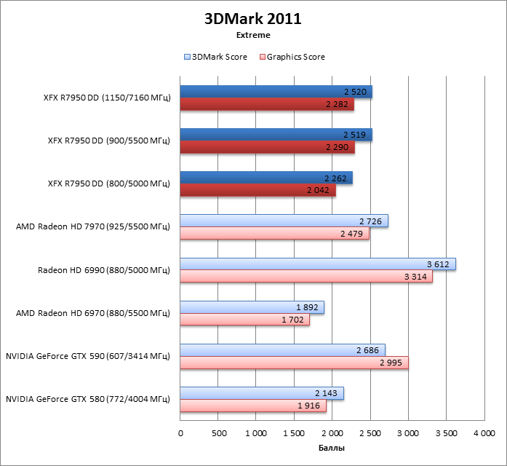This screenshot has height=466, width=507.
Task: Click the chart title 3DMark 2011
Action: click(253, 18)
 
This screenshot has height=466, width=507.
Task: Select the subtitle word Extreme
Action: click(253, 35)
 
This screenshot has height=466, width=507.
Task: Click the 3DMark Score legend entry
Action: click(216, 57)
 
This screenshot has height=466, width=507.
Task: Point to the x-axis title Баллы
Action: click(332, 448)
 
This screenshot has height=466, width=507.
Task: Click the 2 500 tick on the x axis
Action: click(370, 433)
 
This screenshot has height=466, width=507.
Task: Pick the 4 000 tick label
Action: click(483, 433)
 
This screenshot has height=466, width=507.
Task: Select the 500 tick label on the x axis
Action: click(218, 433)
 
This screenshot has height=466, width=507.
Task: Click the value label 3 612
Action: click(439, 264)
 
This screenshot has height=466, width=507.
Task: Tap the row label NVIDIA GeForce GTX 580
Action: click(87, 399)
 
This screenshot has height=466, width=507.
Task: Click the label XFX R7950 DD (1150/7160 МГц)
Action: click(106, 98)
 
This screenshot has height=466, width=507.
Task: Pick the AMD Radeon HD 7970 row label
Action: click(93, 227)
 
